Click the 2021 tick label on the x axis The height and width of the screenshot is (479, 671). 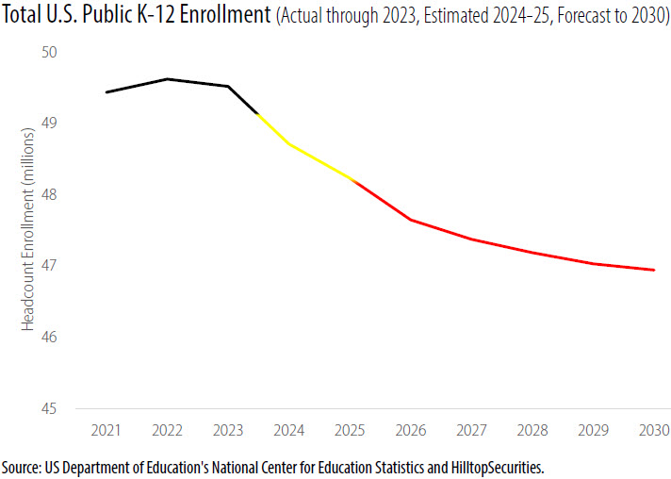tap(106, 431)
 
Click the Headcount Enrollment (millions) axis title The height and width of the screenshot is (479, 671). tap(28, 230)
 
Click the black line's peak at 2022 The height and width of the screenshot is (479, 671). tap(167, 79)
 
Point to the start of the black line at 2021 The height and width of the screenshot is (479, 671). tap(106, 92)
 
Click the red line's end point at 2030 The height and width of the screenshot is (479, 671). tap(654, 270)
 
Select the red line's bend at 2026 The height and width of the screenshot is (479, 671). tap(410, 220)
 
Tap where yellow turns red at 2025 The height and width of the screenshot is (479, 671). tap(351, 178)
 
